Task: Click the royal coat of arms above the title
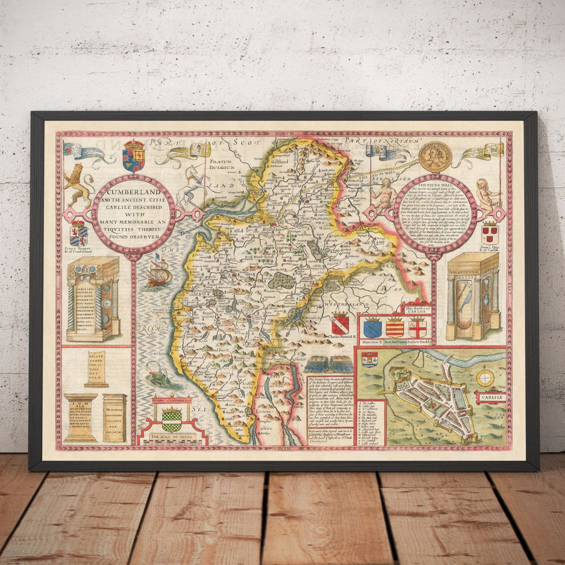pos(133,156)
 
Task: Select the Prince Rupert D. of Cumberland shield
pos(78,234)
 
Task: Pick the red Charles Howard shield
pos(340,324)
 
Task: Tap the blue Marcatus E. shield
pos(372,328)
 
